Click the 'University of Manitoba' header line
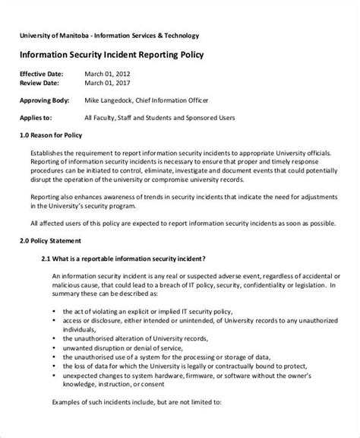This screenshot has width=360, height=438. (109, 36)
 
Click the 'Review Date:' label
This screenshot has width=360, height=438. (41, 82)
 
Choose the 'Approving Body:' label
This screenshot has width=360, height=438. (46, 100)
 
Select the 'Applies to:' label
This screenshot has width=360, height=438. (36, 118)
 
